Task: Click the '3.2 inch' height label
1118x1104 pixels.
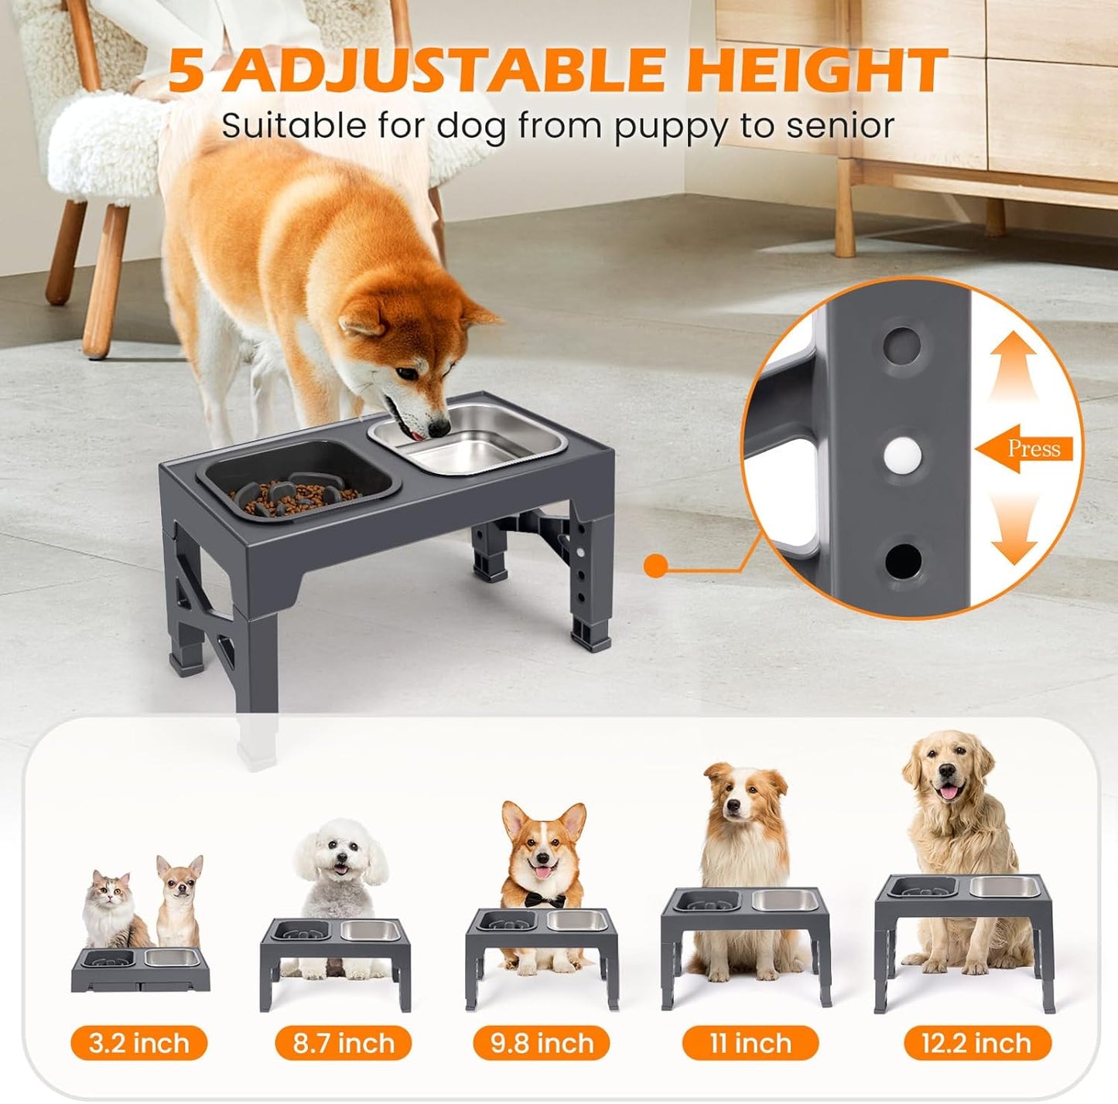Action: [x=139, y=1043]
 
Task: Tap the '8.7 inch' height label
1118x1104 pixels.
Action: [x=344, y=1043]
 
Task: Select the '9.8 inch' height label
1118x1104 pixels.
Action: [x=542, y=1043]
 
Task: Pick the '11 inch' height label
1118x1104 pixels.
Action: [x=750, y=1043]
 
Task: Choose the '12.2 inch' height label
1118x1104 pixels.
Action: [x=977, y=1043]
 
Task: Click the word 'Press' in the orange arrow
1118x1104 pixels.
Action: [x=1034, y=448]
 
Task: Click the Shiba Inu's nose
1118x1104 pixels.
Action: [x=439, y=426]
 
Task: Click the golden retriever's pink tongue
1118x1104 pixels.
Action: [x=949, y=792]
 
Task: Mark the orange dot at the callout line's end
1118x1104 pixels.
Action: [x=656, y=566]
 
